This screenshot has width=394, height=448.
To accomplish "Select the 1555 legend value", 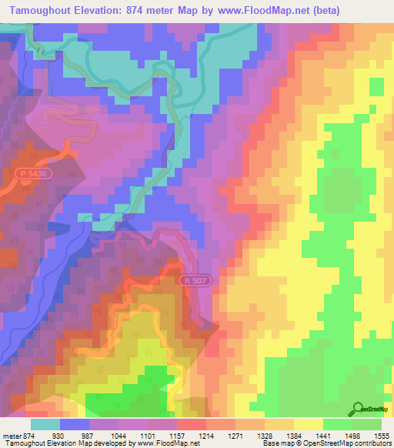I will (381, 436).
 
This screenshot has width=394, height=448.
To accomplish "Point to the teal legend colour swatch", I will (45, 424).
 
